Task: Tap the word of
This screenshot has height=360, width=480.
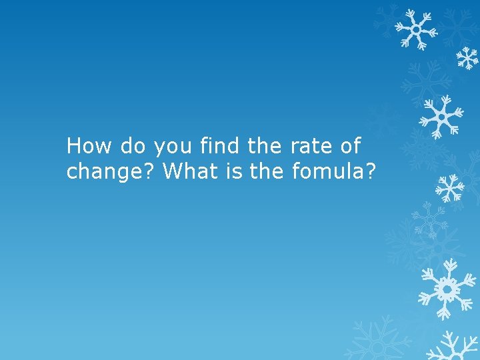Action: [x=349, y=145]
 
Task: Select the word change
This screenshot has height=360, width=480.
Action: [x=106, y=172]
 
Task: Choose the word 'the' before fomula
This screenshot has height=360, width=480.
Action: [x=269, y=171]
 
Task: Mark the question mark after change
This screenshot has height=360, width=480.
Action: [x=151, y=171]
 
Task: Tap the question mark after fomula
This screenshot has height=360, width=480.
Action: [x=371, y=171]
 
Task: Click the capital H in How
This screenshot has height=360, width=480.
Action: [x=74, y=145]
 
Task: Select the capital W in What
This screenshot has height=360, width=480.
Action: [x=173, y=171]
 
